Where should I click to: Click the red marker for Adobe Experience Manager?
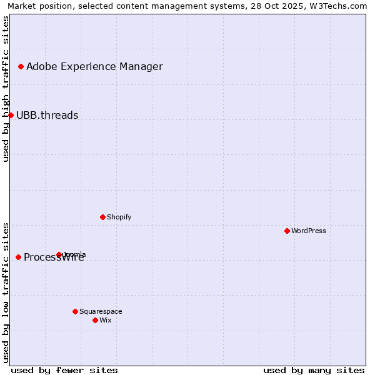(21, 66)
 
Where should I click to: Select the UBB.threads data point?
(11, 115)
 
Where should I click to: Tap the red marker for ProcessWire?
(18, 257)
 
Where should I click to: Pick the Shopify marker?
(102, 217)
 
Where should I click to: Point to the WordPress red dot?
(287, 231)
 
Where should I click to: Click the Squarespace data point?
(75, 311)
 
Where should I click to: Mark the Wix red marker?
(95, 320)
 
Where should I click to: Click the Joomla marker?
(59, 254)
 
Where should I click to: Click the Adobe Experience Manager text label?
(94, 66)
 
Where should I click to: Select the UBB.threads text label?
(47, 115)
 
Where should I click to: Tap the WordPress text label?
(309, 231)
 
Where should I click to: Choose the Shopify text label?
(119, 217)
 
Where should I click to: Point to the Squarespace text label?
(101, 311)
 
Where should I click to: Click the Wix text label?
(106, 320)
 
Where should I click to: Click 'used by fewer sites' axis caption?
(64, 370)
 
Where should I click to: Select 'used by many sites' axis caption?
(314, 370)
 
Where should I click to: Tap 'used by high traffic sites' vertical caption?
(6, 89)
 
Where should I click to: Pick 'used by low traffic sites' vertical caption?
(6, 292)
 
